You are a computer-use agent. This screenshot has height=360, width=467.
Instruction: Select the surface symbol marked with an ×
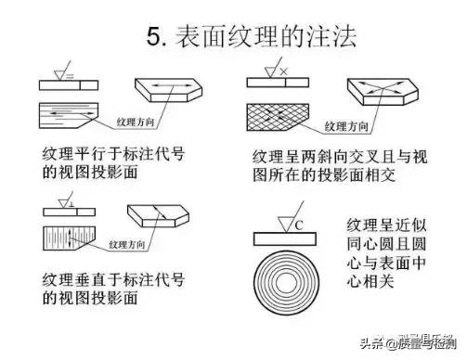272,70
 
